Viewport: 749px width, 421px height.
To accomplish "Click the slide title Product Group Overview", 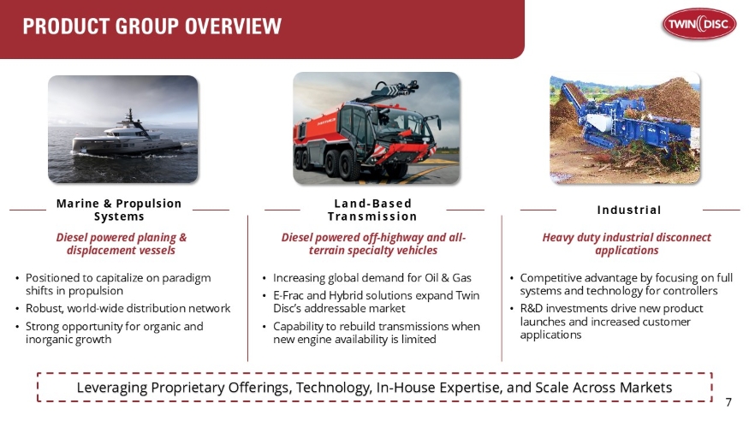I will pyautogui.click(x=152, y=27).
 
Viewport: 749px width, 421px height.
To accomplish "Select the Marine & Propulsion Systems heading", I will pyautogui.click(x=119, y=210).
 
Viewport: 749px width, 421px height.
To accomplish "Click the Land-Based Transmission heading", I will pyautogui.click(x=372, y=210).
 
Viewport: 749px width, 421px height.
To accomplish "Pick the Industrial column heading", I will pyautogui.click(x=629, y=210).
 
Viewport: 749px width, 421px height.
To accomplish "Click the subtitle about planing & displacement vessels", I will pyautogui.click(x=121, y=244).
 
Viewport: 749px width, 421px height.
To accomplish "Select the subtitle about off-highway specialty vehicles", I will pyautogui.click(x=373, y=244).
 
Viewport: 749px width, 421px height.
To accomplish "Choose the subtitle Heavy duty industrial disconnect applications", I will pyautogui.click(x=627, y=244).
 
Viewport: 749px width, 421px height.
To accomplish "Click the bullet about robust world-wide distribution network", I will pyautogui.click(x=128, y=308).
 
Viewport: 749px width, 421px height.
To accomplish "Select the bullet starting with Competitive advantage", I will pyautogui.click(x=626, y=284).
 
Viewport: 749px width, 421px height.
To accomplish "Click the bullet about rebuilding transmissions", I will pyautogui.click(x=376, y=333).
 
